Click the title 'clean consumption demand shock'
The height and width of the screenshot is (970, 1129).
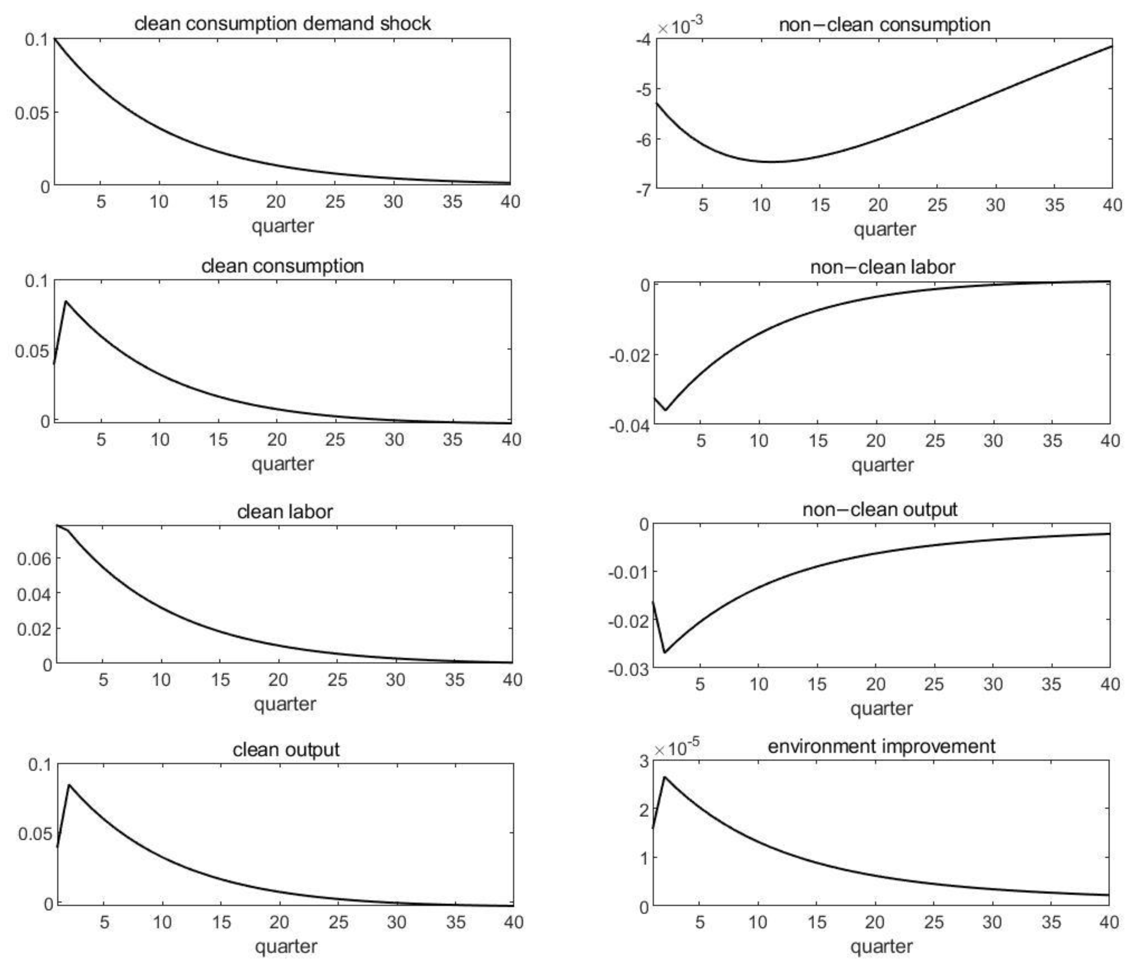point(282,24)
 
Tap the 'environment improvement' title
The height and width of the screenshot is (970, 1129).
point(881,746)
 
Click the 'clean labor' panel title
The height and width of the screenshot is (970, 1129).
point(284,512)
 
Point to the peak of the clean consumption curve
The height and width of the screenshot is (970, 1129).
point(66,301)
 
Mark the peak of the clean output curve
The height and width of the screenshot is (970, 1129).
point(69,785)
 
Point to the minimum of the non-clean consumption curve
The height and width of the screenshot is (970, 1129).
point(771,162)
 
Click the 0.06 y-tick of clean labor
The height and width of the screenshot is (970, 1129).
point(34,559)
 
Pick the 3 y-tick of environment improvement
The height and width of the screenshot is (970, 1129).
point(644,761)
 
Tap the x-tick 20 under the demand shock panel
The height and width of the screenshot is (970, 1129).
point(276,202)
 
